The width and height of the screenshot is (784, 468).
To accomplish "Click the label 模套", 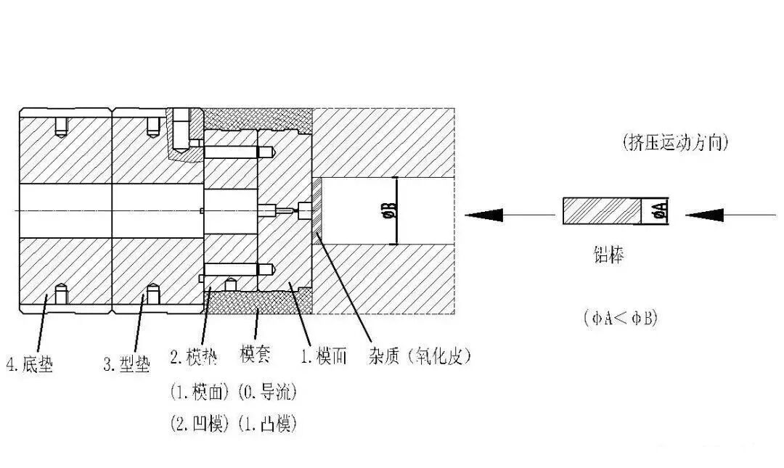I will [x=256, y=356].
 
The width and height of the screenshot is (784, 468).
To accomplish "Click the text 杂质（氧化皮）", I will [x=420, y=356].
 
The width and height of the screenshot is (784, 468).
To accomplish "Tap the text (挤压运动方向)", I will [x=675, y=143].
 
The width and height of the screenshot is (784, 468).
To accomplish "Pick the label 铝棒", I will [x=608, y=256].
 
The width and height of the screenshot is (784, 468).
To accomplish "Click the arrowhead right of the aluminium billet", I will [x=706, y=215].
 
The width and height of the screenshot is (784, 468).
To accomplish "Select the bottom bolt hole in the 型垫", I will [x=153, y=295].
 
